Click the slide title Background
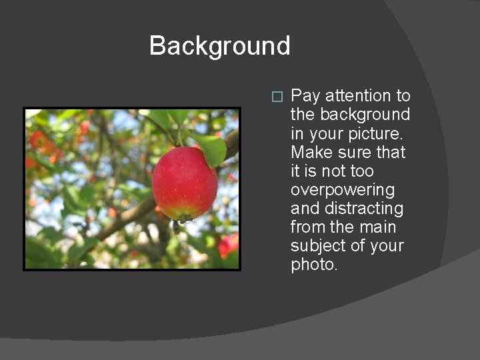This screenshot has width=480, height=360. pyautogui.click(x=219, y=46)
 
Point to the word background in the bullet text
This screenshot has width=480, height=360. pyautogui.click(x=363, y=115)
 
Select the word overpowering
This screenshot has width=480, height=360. pyautogui.click(x=343, y=190)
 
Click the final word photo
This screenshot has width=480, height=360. pyautogui.click(x=314, y=265)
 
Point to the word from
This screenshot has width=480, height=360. pyautogui.click(x=307, y=227)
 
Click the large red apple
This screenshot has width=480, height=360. pyautogui.click(x=184, y=183)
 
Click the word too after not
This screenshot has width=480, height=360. pyautogui.click(x=373, y=171)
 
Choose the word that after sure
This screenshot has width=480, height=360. pyautogui.click(x=391, y=152)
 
